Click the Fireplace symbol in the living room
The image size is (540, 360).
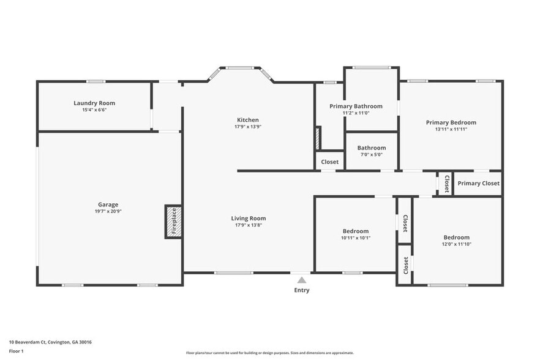[173, 222]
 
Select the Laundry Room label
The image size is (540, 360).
[94, 103]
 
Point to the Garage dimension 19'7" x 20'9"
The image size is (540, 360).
[108, 211]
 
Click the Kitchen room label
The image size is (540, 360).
[248, 120]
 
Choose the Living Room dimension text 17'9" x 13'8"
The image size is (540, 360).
[248, 225]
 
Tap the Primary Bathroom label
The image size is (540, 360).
[356, 106]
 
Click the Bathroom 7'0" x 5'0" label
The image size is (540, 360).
[372, 148]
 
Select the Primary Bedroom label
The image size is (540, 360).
[451, 122]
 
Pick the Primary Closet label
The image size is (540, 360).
[478, 183]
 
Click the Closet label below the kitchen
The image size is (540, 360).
[329, 162]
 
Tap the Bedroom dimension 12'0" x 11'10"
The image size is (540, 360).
[456, 244]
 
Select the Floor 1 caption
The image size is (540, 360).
[16, 351]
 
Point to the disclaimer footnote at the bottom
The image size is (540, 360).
[269, 353]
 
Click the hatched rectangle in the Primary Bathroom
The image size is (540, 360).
[317, 138]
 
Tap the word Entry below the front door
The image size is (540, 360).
[301, 290]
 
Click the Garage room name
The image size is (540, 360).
[108, 204]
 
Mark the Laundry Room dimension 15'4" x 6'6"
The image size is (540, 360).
[94, 110]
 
